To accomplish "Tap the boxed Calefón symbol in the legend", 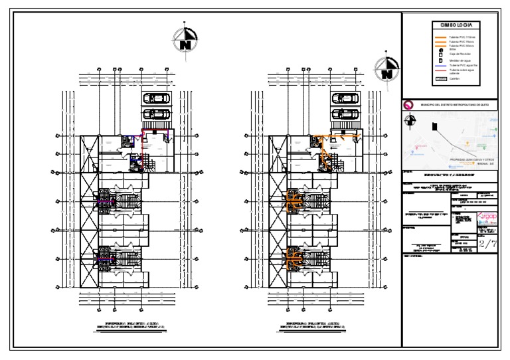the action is (440, 78).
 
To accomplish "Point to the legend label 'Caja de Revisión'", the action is (459, 54).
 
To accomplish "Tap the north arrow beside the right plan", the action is (386, 68).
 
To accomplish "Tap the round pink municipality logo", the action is (408, 104).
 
